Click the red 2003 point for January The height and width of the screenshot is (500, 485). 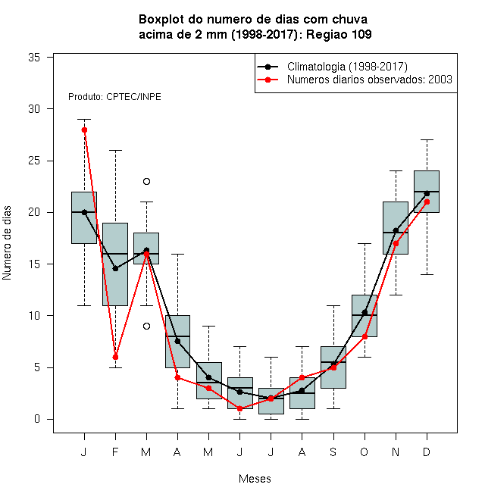pos(84,130)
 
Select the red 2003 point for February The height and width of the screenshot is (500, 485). pos(115,357)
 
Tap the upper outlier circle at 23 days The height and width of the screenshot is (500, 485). pos(146,182)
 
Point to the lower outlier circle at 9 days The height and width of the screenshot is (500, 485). pos(146,327)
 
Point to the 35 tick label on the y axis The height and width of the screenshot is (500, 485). pos(34,58)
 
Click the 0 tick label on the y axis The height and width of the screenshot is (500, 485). pos(37,419)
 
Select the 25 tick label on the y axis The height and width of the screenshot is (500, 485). pos(34,161)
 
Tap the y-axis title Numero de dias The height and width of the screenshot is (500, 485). pos(7,243)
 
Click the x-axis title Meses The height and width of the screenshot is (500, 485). pos(255,479)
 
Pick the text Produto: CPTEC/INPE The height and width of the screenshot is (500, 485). pos(114,97)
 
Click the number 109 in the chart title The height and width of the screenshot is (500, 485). pos(361,34)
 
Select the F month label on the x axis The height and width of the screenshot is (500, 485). pos(115,452)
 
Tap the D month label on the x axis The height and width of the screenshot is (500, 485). pos(427,452)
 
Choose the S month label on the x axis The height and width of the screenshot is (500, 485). pos(333,452)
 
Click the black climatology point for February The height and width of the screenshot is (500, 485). pos(115,268)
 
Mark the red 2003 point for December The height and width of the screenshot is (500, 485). pos(427,202)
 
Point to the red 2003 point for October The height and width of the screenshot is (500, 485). pos(365,336)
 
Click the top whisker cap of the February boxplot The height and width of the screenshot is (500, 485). pos(115,150)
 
